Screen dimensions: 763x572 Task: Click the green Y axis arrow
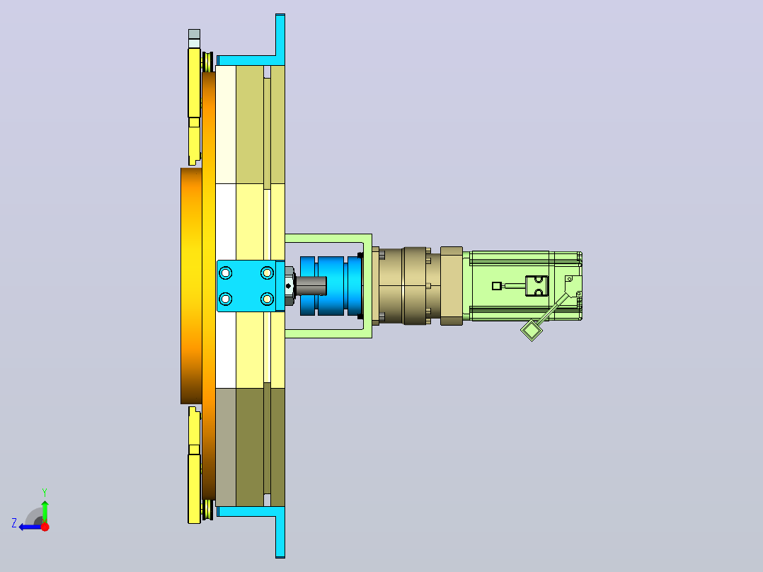tap(45, 510)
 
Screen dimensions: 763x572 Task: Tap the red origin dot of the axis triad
tap(45, 527)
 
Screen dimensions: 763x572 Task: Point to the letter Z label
tap(14, 523)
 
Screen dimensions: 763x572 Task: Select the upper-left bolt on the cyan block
tap(225, 273)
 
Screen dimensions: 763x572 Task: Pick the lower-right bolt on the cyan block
tap(267, 299)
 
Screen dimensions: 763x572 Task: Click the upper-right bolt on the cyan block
tap(267, 273)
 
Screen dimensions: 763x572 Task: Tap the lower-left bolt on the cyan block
tap(225, 299)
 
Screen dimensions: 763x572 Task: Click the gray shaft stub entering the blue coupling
tap(311, 286)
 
